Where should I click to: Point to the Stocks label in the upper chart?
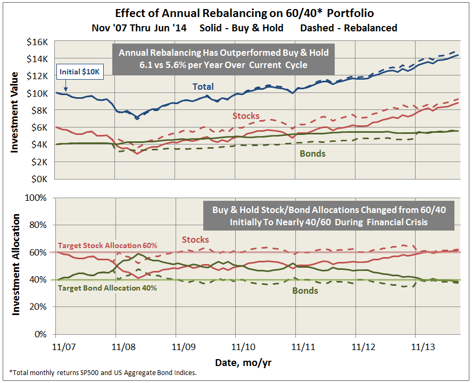click(x=246, y=115)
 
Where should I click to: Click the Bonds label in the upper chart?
click(x=312, y=154)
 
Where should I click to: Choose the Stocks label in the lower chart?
click(x=195, y=240)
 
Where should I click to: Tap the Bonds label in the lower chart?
click(x=305, y=291)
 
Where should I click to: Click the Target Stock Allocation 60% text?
click(x=107, y=246)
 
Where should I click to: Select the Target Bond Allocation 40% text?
click(x=107, y=288)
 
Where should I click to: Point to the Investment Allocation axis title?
click(x=15, y=264)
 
